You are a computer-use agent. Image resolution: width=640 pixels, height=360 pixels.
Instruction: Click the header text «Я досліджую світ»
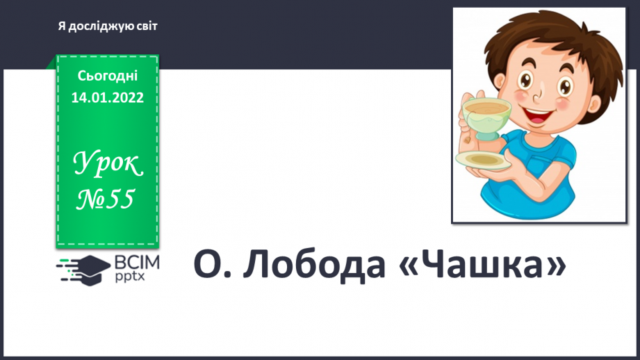108,26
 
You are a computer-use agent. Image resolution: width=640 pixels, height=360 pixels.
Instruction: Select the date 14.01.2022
108,97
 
